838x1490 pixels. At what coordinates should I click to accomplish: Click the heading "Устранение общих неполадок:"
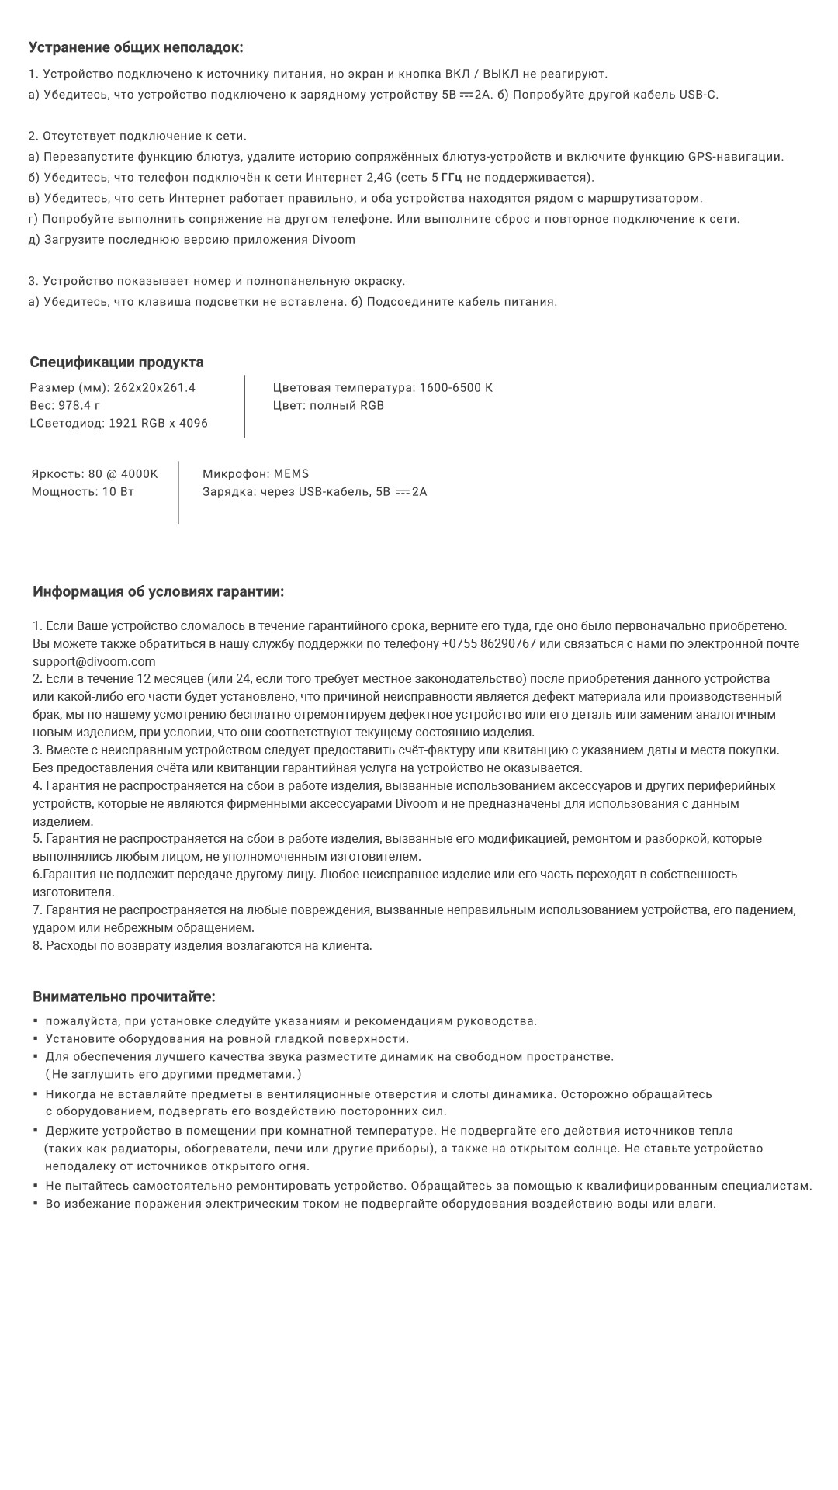tap(136, 47)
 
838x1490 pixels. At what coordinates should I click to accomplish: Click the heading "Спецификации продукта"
tap(116, 362)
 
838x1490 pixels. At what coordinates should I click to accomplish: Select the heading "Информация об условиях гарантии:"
tap(158, 592)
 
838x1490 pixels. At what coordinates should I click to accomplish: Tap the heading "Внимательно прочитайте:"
tap(124, 996)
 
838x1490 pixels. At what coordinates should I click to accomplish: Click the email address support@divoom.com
tap(94, 662)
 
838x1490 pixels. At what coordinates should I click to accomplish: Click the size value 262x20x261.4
tap(154, 388)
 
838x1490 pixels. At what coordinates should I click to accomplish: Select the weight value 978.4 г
tap(79, 406)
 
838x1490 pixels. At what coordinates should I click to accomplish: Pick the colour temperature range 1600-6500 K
tap(455, 388)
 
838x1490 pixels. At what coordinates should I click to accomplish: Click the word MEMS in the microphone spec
tap(291, 474)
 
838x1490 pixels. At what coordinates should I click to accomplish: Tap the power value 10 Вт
tap(118, 492)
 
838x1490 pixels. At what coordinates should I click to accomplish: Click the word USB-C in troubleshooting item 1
tap(698, 95)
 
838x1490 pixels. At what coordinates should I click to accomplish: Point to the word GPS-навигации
tap(736, 157)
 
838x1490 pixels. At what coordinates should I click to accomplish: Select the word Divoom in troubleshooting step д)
tap(334, 240)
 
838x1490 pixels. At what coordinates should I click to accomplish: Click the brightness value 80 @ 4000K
tap(123, 474)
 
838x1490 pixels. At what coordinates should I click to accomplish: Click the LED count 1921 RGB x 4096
tap(158, 424)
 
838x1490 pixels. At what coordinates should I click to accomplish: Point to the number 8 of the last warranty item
tap(36, 946)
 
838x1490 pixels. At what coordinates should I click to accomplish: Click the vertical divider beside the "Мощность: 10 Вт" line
tap(178, 492)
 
